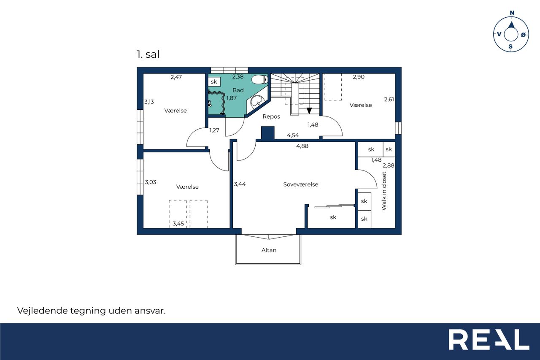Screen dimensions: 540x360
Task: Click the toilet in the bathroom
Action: (x=259, y=79)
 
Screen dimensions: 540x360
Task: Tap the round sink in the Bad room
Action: (x=258, y=102)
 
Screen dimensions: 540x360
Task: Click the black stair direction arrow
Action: (x=309, y=111)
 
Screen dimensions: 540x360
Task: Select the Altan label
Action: (x=269, y=250)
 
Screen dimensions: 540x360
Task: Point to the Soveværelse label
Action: (x=301, y=184)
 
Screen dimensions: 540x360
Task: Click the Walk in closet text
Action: (x=384, y=191)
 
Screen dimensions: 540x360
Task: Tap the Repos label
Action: (x=271, y=116)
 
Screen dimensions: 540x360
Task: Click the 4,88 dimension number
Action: (x=302, y=146)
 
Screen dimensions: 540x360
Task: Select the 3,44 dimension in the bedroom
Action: (x=240, y=184)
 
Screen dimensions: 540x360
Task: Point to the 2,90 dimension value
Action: (x=359, y=77)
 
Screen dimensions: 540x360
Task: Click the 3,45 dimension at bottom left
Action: (x=178, y=224)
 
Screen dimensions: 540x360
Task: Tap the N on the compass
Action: (x=512, y=13)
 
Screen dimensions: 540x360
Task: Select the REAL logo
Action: (x=489, y=339)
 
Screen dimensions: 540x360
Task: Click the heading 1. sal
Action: (x=148, y=54)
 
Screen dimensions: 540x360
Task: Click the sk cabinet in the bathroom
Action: (x=214, y=82)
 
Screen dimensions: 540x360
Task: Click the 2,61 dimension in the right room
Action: (x=389, y=99)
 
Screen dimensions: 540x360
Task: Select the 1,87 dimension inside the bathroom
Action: (x=232, y=98)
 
